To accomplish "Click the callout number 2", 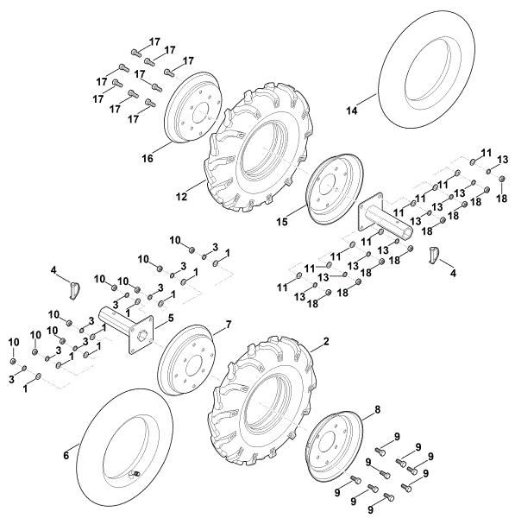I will click(x=326, y=342).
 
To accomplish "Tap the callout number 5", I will click(x=170, y=318).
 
